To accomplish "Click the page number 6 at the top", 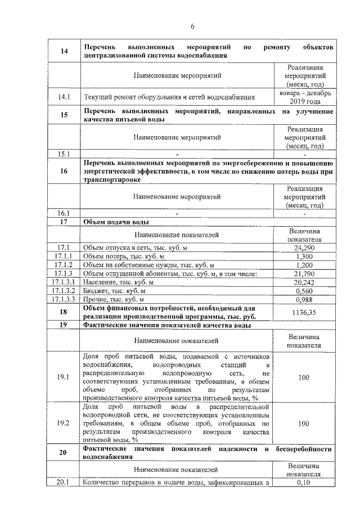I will click(x=192, y=26).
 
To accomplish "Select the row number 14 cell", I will click(x=64, y=51).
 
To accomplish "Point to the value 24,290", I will click(x=304, y=247).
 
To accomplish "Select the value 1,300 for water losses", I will click(x=304, y=256).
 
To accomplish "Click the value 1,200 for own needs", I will click(x=304, y=265).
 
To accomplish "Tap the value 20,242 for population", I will click(x=304, y=282).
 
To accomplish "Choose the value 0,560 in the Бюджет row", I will click(x=304, y=291).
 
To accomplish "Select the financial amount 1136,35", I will click(x=304, y=312).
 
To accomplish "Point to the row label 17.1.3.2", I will click(x=64, y=291).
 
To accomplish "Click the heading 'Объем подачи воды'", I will click(x=116, y=223).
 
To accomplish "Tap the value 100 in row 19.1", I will click(x=304, y=377).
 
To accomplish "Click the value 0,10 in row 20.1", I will click(x=304, y=482).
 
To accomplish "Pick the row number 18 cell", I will click(x=64, y=312).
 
